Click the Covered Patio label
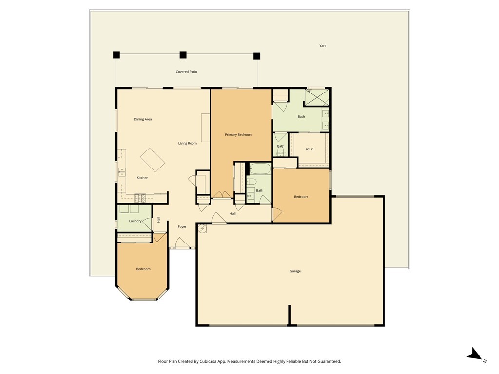pos(187,72)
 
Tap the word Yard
pos(323,46)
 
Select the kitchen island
pos(153,160)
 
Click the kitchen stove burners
pos(140,198)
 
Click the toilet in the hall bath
pos(251,182)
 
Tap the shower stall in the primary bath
pos(317,97)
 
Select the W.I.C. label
pos(310,149)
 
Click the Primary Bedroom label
pos(238,134)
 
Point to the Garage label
pos(295,271)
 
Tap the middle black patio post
pos(183,55)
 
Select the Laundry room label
pos(135,221)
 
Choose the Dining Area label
pos(143,119)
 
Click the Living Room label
pos(187,143)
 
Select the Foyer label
pos(182,227)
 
